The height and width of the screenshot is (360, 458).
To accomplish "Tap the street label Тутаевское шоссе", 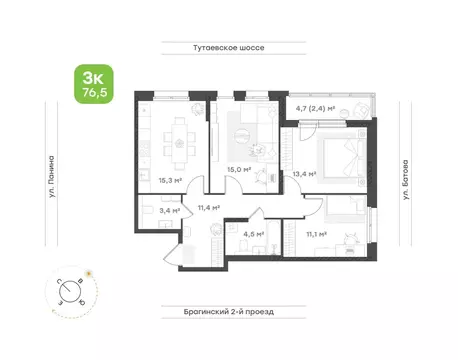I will (x=229, y=46).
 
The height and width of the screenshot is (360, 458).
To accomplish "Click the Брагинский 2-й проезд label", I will (x=229, y=311).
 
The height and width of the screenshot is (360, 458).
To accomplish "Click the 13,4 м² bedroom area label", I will (x=304, y=173).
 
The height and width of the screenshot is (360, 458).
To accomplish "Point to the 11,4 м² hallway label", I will (x=209, y=207).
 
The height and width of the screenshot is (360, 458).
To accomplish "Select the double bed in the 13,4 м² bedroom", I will (x=342, y=156).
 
